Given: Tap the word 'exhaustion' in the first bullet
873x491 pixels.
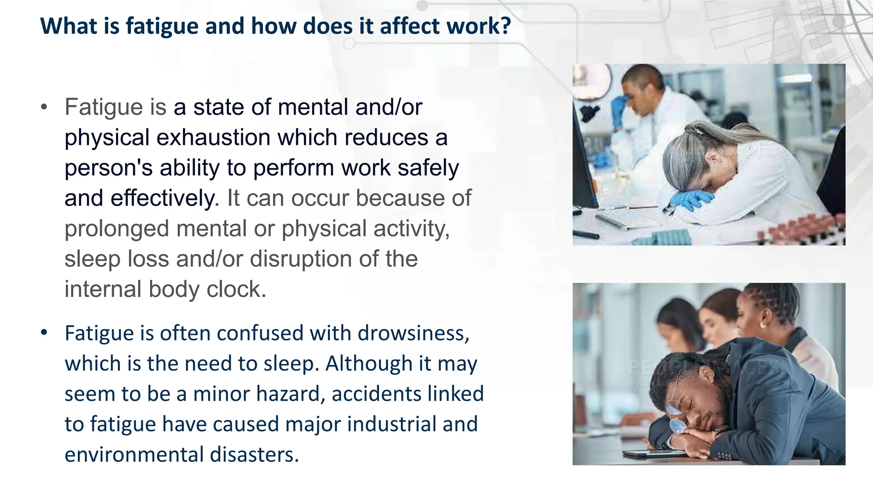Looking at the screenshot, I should (213, 138).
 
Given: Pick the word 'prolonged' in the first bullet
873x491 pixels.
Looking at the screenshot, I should (116, 229).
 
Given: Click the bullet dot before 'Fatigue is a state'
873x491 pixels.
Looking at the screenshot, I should (44, 107).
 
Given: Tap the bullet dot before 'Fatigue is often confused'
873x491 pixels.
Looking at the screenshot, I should (44, 332).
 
